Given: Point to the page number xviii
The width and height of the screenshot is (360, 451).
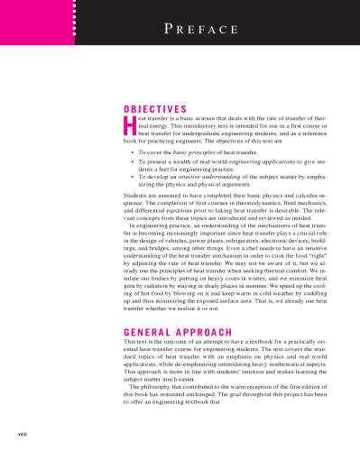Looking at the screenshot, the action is [x=12, y=437].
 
